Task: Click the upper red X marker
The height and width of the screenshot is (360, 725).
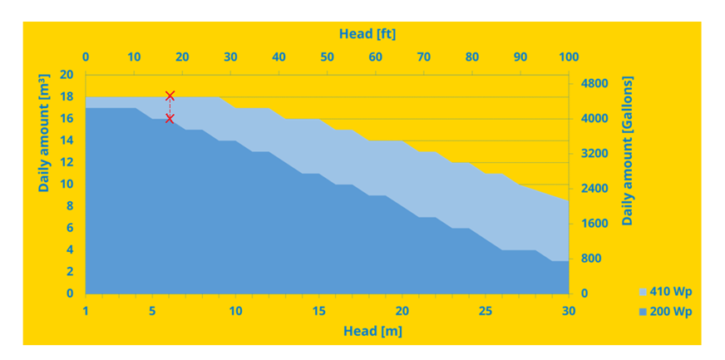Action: click(x=170, y=96)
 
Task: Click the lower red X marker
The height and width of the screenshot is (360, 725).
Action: click(x=170, y=118)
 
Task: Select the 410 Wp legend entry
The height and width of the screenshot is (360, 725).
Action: click(x=665, y=292)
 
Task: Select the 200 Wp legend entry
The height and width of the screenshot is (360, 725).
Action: click(x=665, y=312)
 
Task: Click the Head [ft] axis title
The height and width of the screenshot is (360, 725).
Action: click(x=367, y=33)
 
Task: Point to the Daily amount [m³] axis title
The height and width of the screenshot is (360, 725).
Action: click(x=45, y=132)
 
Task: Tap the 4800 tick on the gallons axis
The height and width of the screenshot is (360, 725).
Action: click(x=594, y=84)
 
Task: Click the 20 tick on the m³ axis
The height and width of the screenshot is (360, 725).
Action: click(x=67, y=75)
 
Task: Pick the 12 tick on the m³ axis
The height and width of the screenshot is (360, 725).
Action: click(x=67, y=162)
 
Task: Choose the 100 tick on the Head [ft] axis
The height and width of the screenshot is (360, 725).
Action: click(x=569, y=57)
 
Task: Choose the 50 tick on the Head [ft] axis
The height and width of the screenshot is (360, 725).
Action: click(x=327, y=57)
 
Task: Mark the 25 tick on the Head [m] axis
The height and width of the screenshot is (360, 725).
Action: click(x=486, y=311)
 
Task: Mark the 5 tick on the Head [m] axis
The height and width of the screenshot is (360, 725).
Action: click(x=152, y=311)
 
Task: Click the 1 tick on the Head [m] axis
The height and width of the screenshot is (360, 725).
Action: click(x=86, y=311)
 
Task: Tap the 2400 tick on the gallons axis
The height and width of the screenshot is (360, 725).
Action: click(x=594, y=189)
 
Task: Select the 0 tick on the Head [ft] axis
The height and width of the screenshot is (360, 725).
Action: click(x=86, y=57)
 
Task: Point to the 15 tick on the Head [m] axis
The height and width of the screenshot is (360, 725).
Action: click(x=319, y=311)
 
